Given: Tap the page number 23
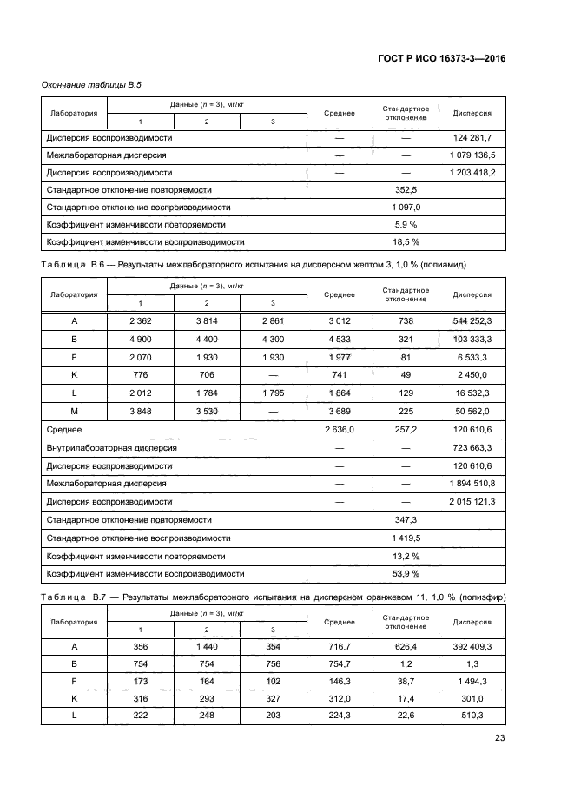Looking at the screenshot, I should tap(499, 738).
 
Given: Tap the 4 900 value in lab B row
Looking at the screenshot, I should tap(141, 339).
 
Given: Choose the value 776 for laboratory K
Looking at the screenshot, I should tap(141, 375).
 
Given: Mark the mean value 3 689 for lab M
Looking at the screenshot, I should tap(340, 412).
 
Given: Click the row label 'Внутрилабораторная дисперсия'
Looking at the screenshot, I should tap(111, 448).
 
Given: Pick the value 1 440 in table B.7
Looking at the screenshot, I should tap(207, 647).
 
